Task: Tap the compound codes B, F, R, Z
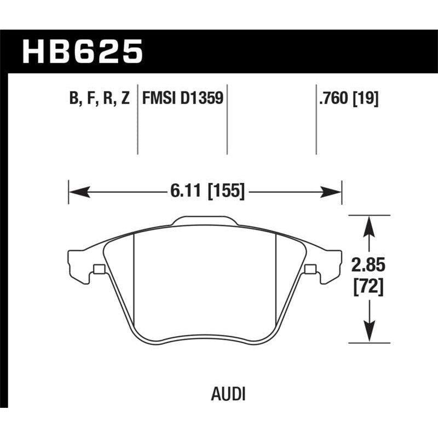(x=98, y=99)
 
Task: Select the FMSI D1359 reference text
(x=182, y=99)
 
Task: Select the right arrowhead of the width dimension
(x=332, y=192)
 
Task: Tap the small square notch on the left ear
(x=99, y=269)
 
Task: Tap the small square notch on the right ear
(x=310, y=269)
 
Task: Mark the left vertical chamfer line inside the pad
(x=135, y=274)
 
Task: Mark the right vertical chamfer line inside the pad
(x=275, y=274)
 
